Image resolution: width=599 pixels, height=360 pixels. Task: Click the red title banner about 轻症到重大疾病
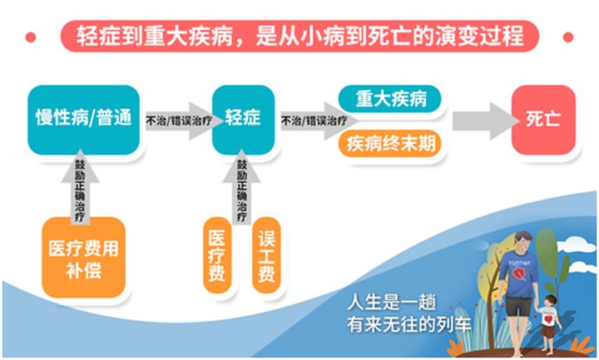click(299, 37)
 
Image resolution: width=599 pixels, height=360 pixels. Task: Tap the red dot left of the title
click(31, 37)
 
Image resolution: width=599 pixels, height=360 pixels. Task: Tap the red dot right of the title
click(568, 37)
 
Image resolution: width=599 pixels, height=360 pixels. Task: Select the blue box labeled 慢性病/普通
click(84, 120)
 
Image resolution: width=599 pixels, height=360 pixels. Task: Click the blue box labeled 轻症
click(243, 120)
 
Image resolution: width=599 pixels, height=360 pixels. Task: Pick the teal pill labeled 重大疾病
click(389, 99)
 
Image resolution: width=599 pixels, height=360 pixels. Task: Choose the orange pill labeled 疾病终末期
click(389, 144)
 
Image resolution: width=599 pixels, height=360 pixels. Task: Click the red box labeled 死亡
click(543, 120)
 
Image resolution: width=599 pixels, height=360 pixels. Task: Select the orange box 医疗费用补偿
click(84, 257)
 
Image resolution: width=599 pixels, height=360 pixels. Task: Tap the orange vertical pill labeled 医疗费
click(217, 255)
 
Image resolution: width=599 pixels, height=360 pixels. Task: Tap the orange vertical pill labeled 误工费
click(266, 255)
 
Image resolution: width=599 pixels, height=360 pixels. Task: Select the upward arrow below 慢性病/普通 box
click(80, 187)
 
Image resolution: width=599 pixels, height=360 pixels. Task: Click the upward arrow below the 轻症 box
click(241, 187)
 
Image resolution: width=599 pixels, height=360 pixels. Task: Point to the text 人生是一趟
click(392, 303)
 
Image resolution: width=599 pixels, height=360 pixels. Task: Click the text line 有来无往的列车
click(408, 325)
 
